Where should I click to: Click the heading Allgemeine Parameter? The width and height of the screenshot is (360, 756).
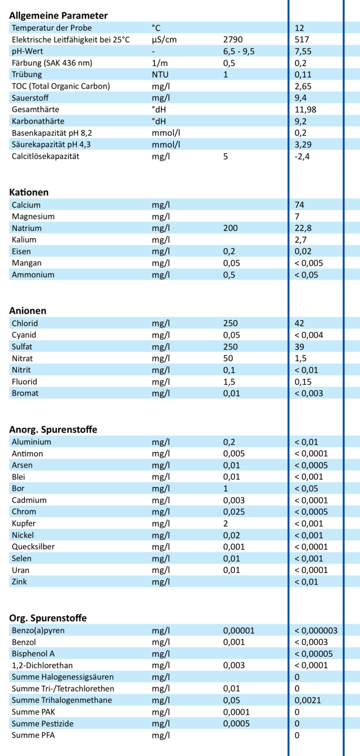(x=58, y=16)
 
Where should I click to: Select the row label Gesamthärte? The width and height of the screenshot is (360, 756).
(x=35, y=110)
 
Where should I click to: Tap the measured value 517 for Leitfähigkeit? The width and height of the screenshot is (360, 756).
(x=302, y=40)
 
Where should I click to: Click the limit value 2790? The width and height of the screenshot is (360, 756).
(x=233, y=40)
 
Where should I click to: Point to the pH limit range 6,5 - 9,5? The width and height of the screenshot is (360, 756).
(x=239, y=51)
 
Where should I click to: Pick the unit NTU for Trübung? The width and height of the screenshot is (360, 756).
(x=160, y=75)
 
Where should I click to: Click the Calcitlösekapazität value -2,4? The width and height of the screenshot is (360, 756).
(x=302, y=157)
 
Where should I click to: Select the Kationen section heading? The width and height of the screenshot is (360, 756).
(x=29, y=192)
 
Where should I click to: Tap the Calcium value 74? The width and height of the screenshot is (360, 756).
(x=299, y=205)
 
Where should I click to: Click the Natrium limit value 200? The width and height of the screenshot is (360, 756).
(x=230, y=228)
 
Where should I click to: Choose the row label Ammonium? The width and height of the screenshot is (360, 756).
(x=33, y=275)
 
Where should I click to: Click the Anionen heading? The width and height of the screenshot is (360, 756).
(x=28, y=311)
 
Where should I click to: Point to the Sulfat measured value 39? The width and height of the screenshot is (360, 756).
(x=299, y=347)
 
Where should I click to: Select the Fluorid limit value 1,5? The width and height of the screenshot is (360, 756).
(x=229, y=382)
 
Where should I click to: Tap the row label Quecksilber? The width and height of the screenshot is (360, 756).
(x=33, y=547)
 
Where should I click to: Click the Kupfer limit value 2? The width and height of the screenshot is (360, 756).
(x=226, y=524)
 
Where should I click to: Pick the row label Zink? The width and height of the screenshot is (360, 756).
(x=19, y=582)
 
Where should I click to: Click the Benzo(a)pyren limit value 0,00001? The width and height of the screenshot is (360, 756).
(x=238, y=631)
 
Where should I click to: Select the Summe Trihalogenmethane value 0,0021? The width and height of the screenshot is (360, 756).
(x=307, y=700)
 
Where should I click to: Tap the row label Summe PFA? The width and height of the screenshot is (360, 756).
(x=33, y=735)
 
